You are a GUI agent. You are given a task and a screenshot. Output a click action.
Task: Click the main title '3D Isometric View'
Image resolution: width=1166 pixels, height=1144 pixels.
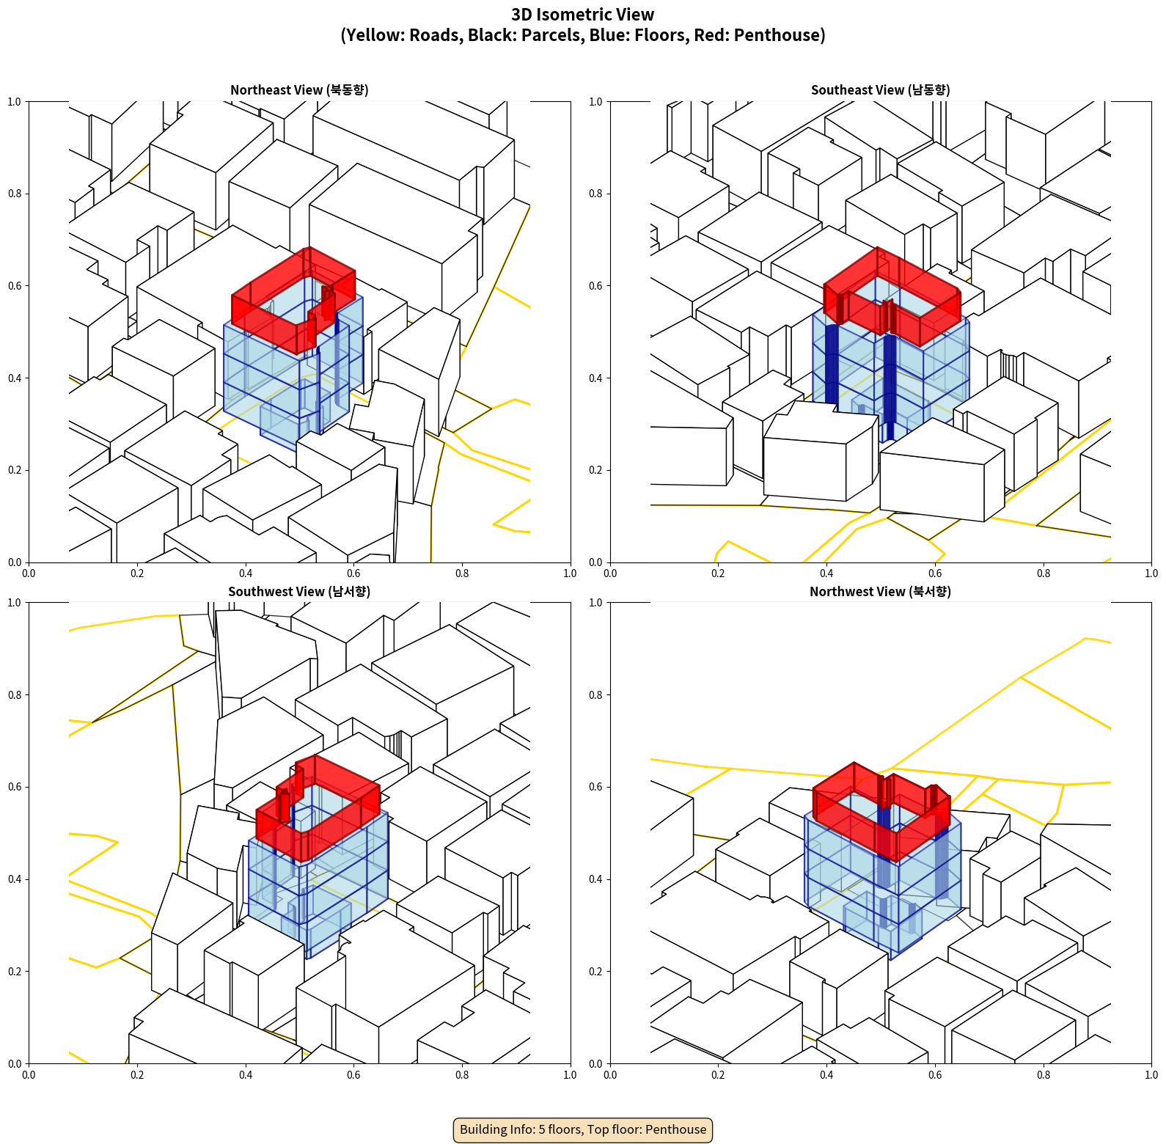pyautogui.click(x=582, y=15)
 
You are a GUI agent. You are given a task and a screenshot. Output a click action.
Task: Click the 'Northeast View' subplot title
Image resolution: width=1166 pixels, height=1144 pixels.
pyautogui.click(x=299, y=89)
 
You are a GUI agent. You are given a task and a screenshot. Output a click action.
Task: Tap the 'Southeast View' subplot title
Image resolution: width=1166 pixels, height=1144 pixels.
pyautogui.click(x=880, y=89)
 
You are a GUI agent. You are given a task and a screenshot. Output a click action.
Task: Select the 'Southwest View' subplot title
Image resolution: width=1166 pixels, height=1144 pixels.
pyautogui.click(x=299, y=591)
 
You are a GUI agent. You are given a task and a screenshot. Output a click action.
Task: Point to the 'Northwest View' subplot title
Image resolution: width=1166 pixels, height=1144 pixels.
pyautogui.click(x=880, y=591)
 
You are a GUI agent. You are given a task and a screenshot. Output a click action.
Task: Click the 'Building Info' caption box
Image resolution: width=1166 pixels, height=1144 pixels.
pyautogui.click(x=583, y=1129)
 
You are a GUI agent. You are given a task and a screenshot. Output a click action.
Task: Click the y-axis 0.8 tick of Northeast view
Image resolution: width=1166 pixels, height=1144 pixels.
pyautogui.click(x=14, y=194)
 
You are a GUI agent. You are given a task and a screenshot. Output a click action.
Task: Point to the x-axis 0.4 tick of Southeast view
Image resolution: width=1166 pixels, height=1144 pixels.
pyautogui.click(x=826, y=573)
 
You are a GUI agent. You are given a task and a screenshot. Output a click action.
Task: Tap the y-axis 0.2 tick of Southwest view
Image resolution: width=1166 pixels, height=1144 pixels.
pyautogui.click(x=14, y=971)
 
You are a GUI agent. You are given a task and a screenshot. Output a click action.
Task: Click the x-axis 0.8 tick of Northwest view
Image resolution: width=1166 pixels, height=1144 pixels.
pyautogui.click(x=1044, y=1075)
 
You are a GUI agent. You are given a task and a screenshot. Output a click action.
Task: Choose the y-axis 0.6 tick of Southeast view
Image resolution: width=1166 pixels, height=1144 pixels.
pyautogui.click(x=595, y=285)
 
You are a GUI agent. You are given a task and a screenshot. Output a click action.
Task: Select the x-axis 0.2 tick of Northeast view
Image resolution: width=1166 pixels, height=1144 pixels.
pyautogui.click(x=137, y=573)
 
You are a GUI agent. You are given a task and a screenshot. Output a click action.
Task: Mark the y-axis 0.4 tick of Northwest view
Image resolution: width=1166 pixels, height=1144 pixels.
pyautogui.click(x=595, y=879)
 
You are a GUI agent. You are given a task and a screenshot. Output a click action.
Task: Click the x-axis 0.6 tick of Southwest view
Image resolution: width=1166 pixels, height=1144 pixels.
pyautogui.click(x=353, y=1075)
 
